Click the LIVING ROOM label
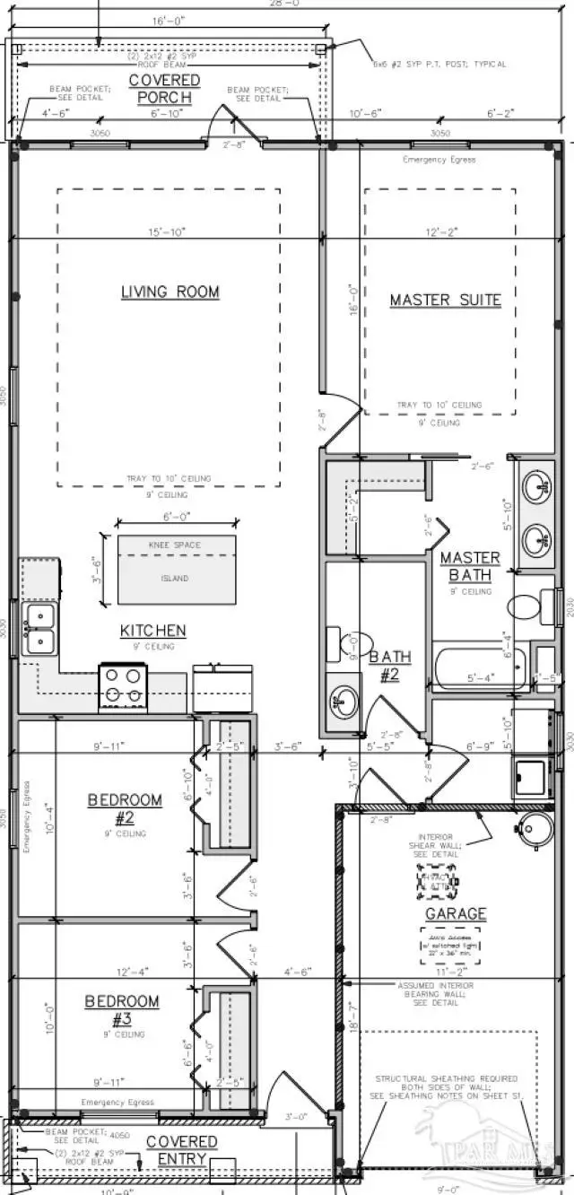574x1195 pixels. point(170,292)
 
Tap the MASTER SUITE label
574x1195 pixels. point(445,301)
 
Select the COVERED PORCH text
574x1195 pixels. point(164,88)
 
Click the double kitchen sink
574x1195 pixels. point(39,628)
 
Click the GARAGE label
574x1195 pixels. point(456,914)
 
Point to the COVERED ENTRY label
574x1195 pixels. point(181,1149)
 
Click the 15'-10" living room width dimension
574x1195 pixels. point(166,232)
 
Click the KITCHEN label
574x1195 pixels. point(153,632)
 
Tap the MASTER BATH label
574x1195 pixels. point(470,566)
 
